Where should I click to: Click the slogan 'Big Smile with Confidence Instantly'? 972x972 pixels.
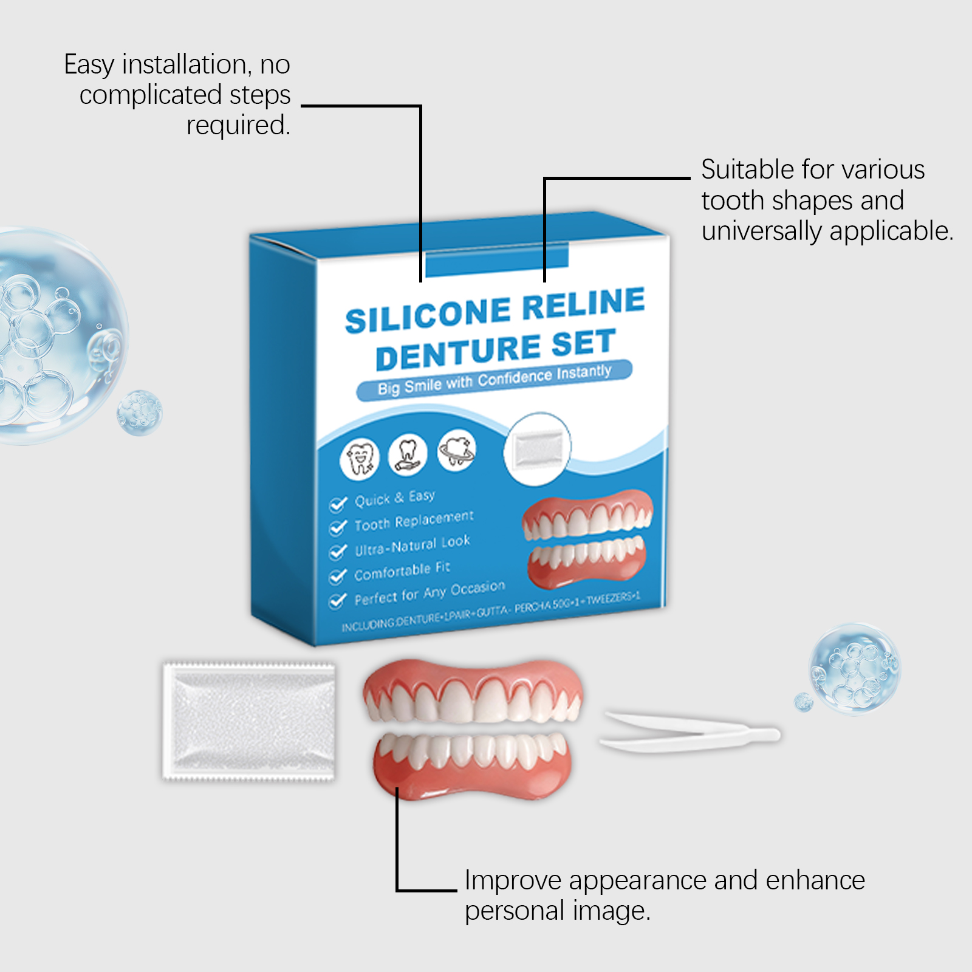[494, 380]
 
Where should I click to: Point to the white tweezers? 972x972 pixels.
[690, 732]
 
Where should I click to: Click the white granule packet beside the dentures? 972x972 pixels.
[249, 720]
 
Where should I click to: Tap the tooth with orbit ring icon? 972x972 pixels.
[457, 450]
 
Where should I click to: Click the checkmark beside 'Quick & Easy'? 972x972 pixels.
[337, 504]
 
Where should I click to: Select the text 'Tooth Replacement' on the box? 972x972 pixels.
[414, 521]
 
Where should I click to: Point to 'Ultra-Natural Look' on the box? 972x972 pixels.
[412, 546]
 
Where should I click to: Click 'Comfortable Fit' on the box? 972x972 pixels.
[402, 570]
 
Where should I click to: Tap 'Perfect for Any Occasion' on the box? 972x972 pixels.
[430, 592]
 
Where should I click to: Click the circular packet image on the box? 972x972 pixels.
[537, 448]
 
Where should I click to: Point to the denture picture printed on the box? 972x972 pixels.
[587, 538]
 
